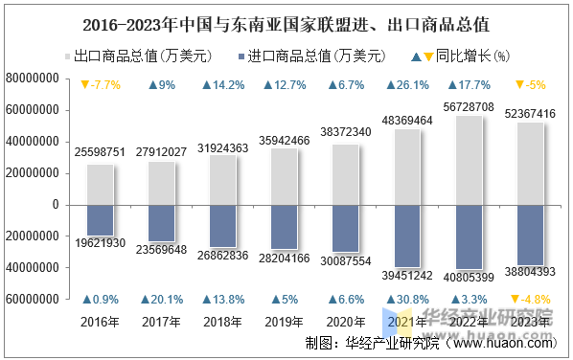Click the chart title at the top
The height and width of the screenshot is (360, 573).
286,20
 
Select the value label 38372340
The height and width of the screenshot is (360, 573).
345,131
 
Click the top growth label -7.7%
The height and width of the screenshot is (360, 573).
100,85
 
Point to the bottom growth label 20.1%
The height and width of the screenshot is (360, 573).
162,300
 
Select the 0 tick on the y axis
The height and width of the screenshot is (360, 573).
57,205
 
